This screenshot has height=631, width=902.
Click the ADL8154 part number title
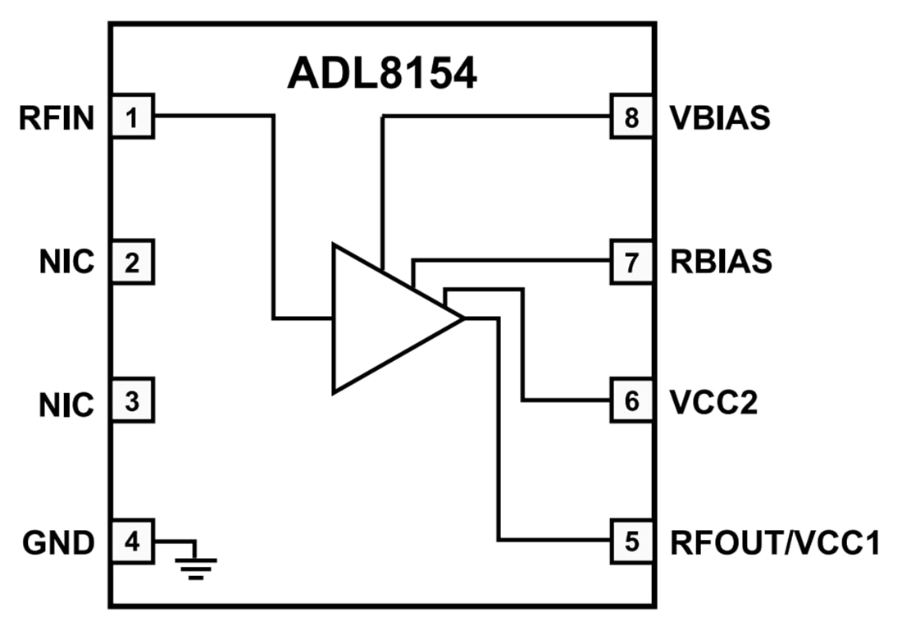pyautogui.click(x=382, y=75)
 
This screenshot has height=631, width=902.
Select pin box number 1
pyautogui.click(x=132, y=117)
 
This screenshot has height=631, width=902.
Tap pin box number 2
pyautogui.click(x=132, y=262)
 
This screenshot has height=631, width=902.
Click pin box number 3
pyautogui.click(x=132, y=401)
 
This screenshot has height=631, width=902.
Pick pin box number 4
pyautogui.click(x=132, y=542)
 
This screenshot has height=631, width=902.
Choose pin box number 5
pyautogui.click(x=631, y=542)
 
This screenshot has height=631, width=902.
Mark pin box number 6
pyautogui.click(x=631, y=401)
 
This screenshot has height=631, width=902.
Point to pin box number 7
pyautogui.click(x=631, y=262)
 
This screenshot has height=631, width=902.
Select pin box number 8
pyautogui.click(x=631, y=117)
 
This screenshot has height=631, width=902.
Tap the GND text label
pyautogui.click(x=57, y=542)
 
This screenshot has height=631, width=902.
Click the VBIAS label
pyautogui.click(x=720, y=118)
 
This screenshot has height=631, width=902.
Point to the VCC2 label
pyautogui.click(x=713, y=402)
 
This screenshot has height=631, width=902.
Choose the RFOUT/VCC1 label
pyautogui.click(x=775, y=542)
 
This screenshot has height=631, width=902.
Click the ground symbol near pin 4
pyautogui.click(x=195, y=565)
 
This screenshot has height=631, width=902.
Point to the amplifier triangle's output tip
pyautogui.click(x=462, y=318)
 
